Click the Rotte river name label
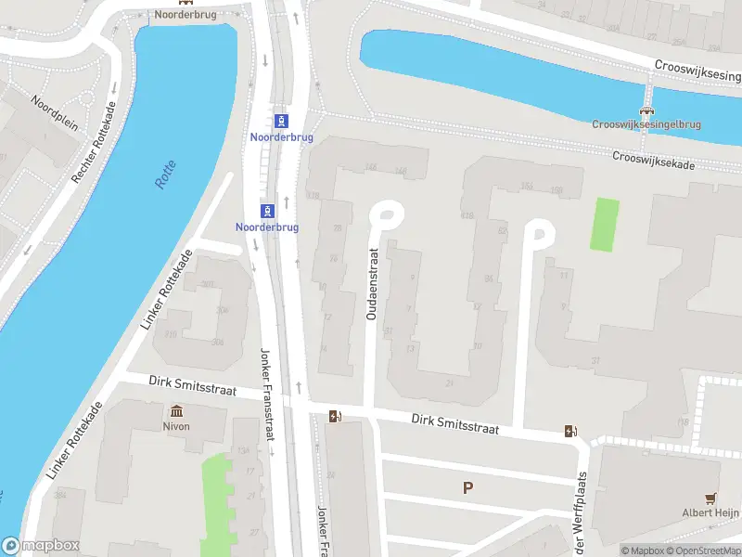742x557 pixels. point(165,175)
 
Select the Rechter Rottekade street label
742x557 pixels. point(96,142)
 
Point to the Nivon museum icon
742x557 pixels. point(175,411)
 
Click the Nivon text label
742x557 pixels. point(175,426)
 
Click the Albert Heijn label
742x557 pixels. point(710,512)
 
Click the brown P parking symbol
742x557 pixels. point(467,487)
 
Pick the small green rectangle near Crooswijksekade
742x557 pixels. point(605,224)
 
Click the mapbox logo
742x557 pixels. point(40,546)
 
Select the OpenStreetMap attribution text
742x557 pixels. point(701,551)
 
